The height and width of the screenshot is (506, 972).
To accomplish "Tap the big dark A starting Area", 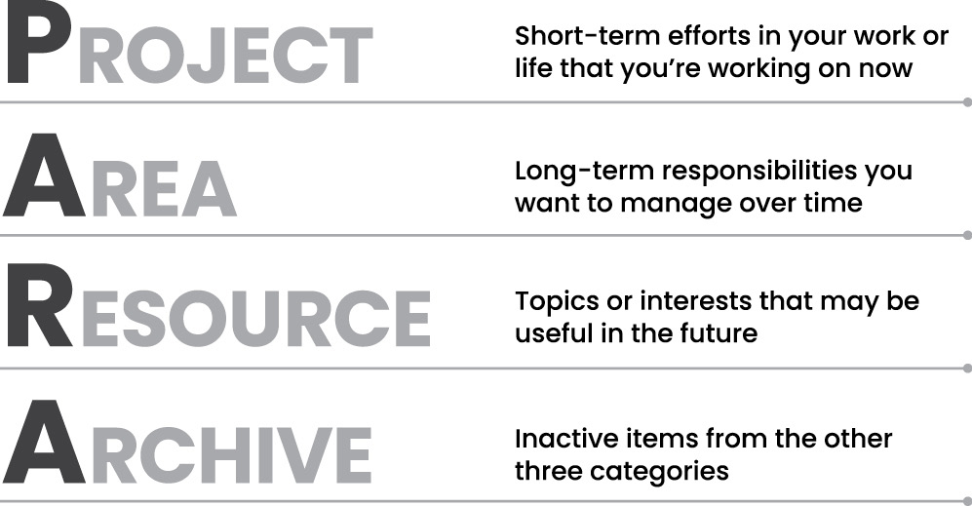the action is pyautogui.click(x=45, y=175).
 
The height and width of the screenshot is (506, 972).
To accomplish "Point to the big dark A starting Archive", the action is pyautogui.click(x=45, y=442).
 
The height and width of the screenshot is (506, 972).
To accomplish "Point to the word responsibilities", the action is pyautogui.click(x=756, y=172).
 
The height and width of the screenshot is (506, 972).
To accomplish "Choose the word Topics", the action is pyautogui.click(x=556, y=302).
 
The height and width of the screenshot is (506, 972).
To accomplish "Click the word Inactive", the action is pyautogui.click(x=562, y=439).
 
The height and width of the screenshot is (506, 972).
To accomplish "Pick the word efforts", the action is pyautogui.click(x=708, y=37).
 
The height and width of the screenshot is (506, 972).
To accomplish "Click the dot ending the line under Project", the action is pyautogui.click(x=968, y=101).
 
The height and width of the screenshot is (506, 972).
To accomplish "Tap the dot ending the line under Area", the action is pyautogui.click(x=968, y=235).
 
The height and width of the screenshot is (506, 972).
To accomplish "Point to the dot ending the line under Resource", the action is pyautogui.click(x=968, y=369).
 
